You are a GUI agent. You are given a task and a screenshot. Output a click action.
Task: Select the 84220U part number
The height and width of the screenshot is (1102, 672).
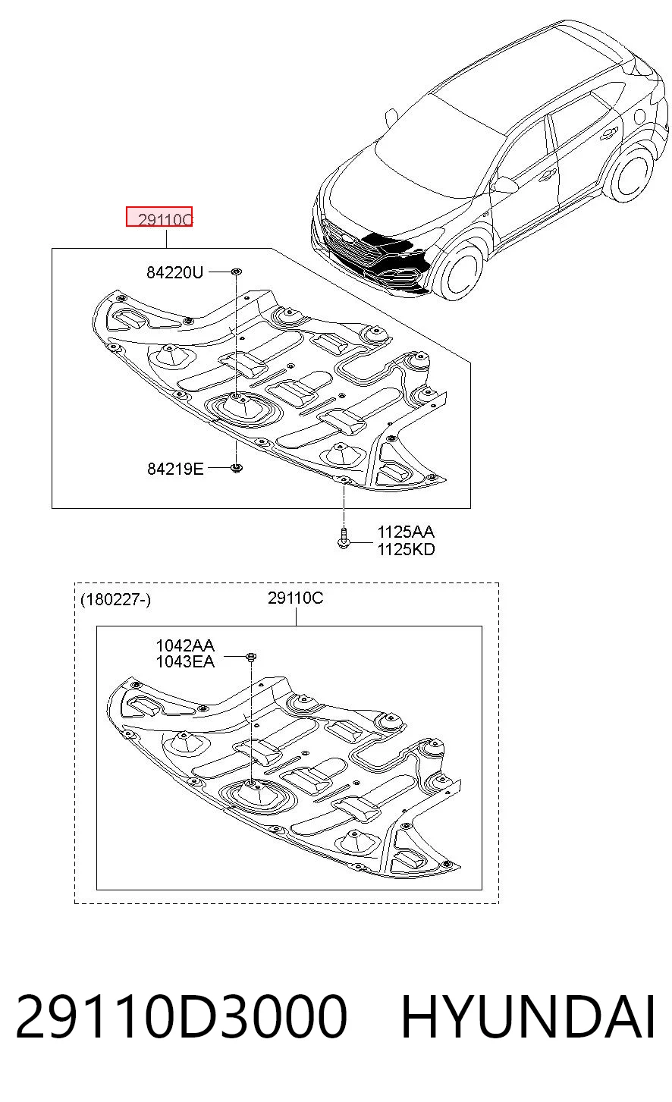[x=174, y=272]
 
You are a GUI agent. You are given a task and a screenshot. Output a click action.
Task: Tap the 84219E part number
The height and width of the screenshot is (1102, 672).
[x=175, y=469]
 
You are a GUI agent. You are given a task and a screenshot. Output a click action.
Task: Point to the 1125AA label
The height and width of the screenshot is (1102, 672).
[x=406, y=532]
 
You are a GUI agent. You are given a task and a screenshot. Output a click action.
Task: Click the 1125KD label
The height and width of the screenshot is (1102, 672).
[x=406, y=549]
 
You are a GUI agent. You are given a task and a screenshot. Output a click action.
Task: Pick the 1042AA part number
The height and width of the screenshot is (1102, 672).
[x=185, y=645]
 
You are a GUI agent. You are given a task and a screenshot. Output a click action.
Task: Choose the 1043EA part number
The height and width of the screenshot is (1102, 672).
[x=185, y=662]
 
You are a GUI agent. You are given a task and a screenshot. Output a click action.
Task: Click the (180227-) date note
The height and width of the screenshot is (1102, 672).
[x=115, y=600]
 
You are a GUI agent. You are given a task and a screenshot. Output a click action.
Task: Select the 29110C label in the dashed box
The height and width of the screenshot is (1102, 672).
[x=295, y=598]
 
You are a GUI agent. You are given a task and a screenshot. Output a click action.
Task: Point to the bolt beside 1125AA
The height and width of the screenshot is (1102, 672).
[x=344, y=537]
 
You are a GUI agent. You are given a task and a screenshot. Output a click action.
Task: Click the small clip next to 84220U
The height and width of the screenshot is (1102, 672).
[x=237, y=271]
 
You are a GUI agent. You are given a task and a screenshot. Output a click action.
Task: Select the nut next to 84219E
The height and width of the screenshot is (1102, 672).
[x=237, y=468]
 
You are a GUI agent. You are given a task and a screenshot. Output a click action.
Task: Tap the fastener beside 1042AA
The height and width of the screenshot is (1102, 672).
[x=251, y=656]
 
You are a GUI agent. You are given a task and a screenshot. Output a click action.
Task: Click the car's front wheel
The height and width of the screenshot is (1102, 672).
[x=460, y=271]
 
